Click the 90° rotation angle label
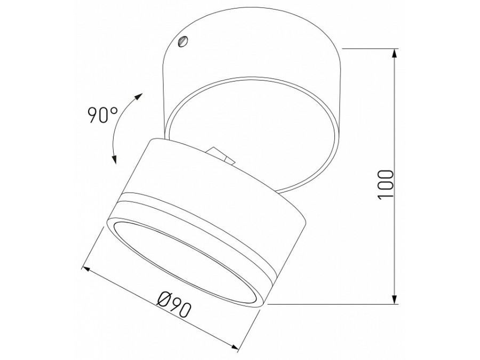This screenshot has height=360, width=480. pos(103,114)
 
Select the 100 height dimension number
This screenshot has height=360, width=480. pos(385,185)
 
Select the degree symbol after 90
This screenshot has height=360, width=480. pos(115,109)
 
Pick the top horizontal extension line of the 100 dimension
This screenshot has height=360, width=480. pos(368,49)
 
